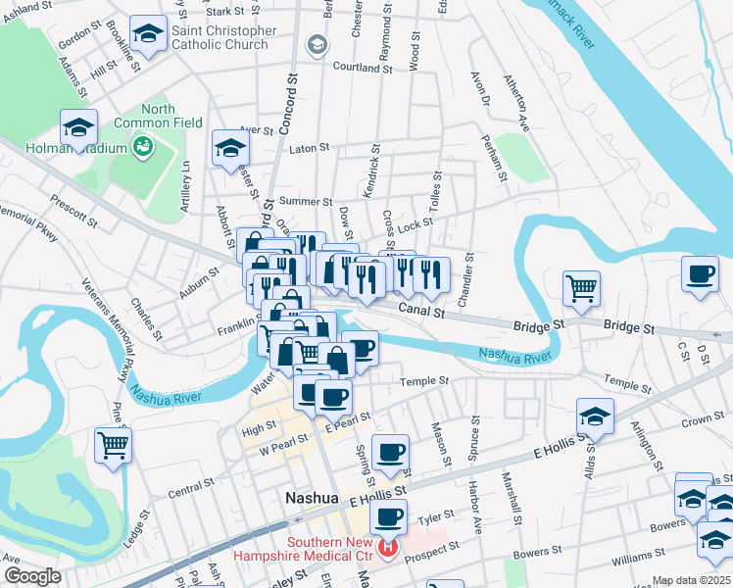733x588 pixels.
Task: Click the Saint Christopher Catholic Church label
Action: pos(220,37)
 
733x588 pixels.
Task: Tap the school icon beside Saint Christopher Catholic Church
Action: pos(148,35)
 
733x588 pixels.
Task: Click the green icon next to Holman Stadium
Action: pos(144,148)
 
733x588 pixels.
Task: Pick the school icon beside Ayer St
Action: pos(230,148)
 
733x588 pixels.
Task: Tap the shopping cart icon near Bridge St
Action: pos(581,288)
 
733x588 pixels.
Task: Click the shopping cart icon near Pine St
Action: pos(114,445)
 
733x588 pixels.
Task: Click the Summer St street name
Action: pos(300,201)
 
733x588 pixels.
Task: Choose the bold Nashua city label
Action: pos(311,498)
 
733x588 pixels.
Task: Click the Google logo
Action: pos(31,577)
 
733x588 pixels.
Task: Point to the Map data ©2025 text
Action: pos(690,580)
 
